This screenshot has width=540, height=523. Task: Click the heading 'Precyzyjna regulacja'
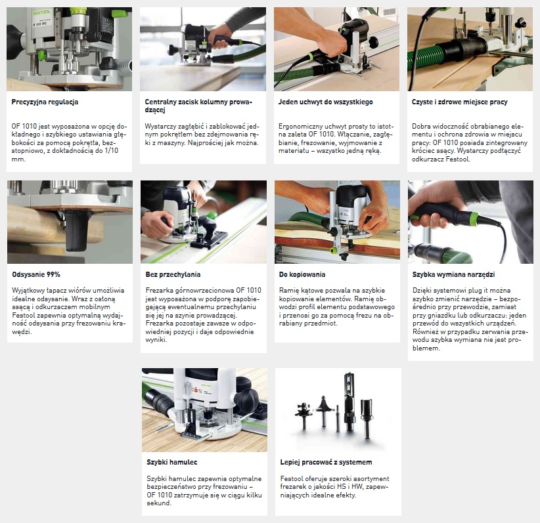coord(45,102)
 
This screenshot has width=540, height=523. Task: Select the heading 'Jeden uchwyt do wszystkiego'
coord(325,102)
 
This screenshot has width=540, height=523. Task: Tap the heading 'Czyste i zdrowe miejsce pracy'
coord(459,102)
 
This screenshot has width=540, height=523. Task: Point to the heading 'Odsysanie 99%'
coord(36,274)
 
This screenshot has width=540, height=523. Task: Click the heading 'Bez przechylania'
coord(173,274)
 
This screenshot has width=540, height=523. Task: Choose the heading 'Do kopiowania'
coord(302,274)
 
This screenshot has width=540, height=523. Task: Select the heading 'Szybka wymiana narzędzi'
coord(453,274)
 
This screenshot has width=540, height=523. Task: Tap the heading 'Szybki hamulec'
coord(172,462)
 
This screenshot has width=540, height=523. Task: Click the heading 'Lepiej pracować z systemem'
coord(326,462)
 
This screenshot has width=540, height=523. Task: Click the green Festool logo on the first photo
coord(42,12)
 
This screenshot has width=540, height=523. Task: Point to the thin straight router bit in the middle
coord(338,417)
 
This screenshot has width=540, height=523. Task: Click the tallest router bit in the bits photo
coord(349,402)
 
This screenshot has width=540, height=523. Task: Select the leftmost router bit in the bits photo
coord(304,415)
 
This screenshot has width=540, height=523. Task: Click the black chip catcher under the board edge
coord(78,231)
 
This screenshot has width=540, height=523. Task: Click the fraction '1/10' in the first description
coord(110,151)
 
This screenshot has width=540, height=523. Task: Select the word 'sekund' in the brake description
coord(159,503)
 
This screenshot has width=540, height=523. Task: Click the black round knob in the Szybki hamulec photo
coord(248,398)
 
